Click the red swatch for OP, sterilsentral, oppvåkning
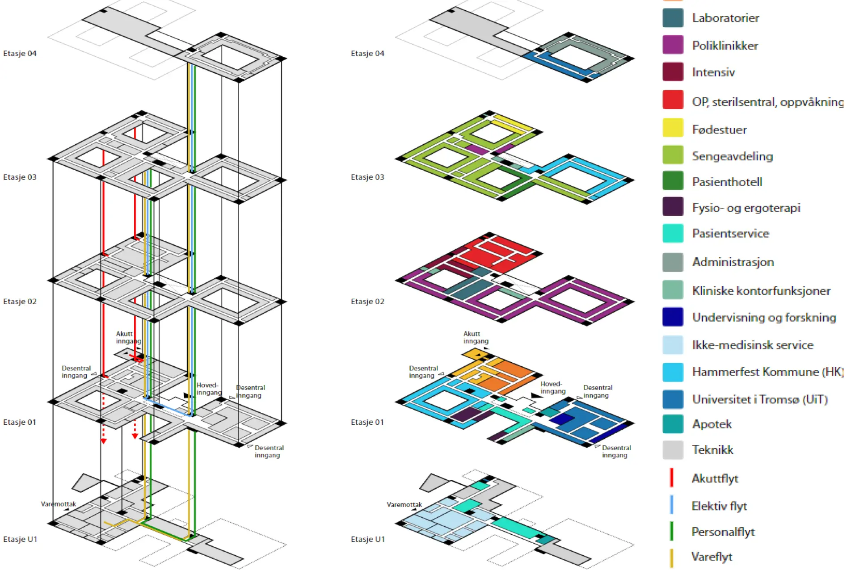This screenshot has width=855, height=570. [x=673, y=100]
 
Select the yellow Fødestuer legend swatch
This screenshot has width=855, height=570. [x=673, y=128]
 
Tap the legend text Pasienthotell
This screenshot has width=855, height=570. [x=727, y=182]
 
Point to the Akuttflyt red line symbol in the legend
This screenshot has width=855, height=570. [x=671, y=477]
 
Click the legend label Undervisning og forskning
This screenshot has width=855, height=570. [x=764, y=317]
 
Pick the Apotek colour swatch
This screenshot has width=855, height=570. [x=673, y=424]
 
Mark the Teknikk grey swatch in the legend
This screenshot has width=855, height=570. [x=673, y=450]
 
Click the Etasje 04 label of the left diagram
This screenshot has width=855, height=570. [x=20, y=54]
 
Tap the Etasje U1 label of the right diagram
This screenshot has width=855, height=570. [x=368, y=539]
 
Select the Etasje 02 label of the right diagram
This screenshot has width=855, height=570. [x=367, y=302]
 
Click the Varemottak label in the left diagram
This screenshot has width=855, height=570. [x=59, y=504]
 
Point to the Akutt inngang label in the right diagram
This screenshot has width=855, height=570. [x=476, y=337]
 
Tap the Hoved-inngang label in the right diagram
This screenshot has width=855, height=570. [x=553, y=387]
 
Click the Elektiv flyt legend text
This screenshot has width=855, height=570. [x=719, y=506]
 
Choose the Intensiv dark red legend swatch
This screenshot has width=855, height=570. [x=673, y=71]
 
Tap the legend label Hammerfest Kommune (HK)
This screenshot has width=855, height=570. [x=768, y=372]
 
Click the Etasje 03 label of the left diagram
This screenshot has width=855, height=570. [x=20, y=177]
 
